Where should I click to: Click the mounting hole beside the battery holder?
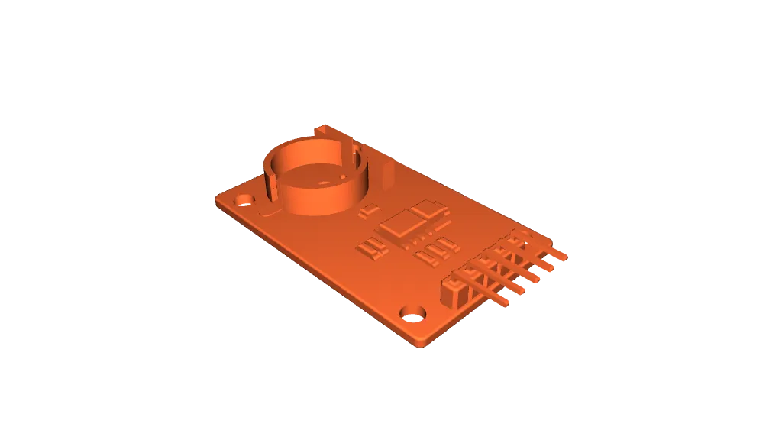point(244,200)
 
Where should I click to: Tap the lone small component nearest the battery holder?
point(369,211)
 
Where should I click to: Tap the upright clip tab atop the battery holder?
point(326,131)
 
